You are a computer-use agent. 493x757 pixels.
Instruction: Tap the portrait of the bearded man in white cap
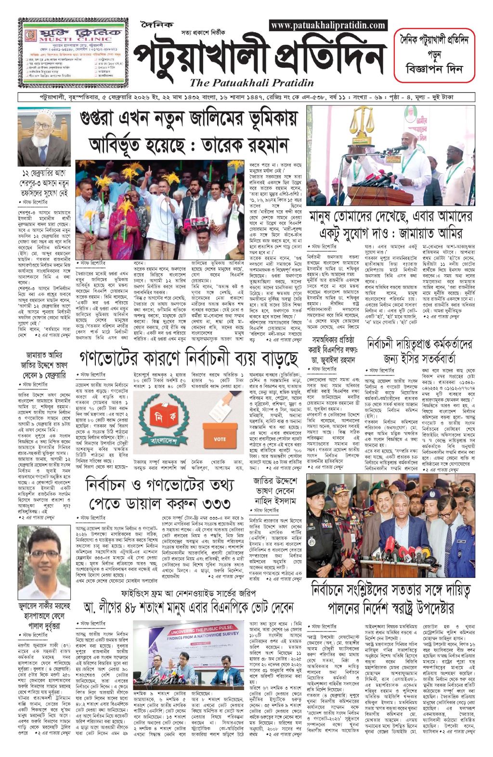[x=44, y=139]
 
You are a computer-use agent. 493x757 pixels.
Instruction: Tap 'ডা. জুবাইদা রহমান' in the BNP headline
[x=331, y=359]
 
